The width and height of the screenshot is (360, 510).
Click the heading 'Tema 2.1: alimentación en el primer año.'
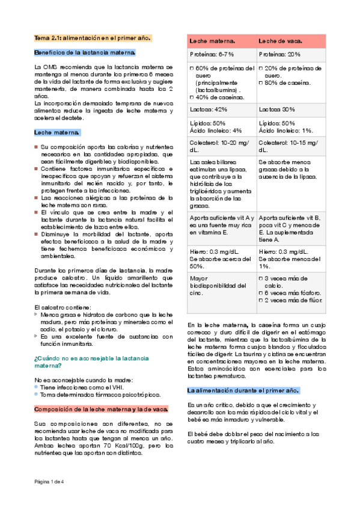tap(93, 37)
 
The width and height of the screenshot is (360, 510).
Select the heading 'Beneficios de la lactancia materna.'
tap(85, 52)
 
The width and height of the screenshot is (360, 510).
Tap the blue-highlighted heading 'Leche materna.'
tap(57, 132)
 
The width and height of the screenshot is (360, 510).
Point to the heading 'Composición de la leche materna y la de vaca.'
tap(101, 409)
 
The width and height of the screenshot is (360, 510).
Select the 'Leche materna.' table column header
tap(212, 41)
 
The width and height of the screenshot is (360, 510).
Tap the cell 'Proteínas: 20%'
tap(280, 54)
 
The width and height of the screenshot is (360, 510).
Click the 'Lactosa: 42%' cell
tap(209, 109)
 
